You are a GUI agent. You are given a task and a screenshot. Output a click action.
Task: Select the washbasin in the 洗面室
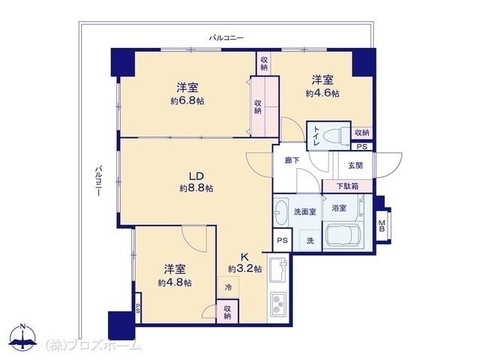pos(280,212)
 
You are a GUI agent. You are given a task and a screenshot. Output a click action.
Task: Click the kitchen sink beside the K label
pos(278,270)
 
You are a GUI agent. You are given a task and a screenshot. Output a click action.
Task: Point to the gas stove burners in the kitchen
pos(278,304)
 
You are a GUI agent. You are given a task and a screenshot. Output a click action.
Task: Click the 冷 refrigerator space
pos(228,287)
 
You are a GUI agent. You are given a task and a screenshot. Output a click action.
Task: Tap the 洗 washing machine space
pos(310,241)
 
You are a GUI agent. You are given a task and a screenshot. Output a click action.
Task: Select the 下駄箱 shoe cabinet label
pos(347,186)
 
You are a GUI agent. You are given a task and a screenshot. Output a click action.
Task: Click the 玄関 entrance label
pos(355,166)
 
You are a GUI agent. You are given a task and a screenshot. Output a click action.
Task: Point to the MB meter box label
pos(382,226)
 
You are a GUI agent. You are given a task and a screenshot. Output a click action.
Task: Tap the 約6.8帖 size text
pos(187,101)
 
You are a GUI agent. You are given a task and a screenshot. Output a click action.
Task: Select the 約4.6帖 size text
pos(322,93)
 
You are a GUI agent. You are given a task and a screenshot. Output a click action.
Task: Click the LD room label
pos(196,176)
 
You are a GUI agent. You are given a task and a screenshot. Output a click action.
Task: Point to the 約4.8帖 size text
pos(175,283)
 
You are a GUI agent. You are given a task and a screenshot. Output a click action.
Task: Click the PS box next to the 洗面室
pos(282,240)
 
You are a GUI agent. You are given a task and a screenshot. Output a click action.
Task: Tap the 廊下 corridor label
pos(292,160)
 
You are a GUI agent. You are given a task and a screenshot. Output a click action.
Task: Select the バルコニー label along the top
pos(226,38)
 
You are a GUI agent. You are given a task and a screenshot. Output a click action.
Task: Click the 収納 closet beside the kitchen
pos(227,312)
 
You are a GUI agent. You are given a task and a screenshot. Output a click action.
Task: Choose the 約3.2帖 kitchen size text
pos(245,269)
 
